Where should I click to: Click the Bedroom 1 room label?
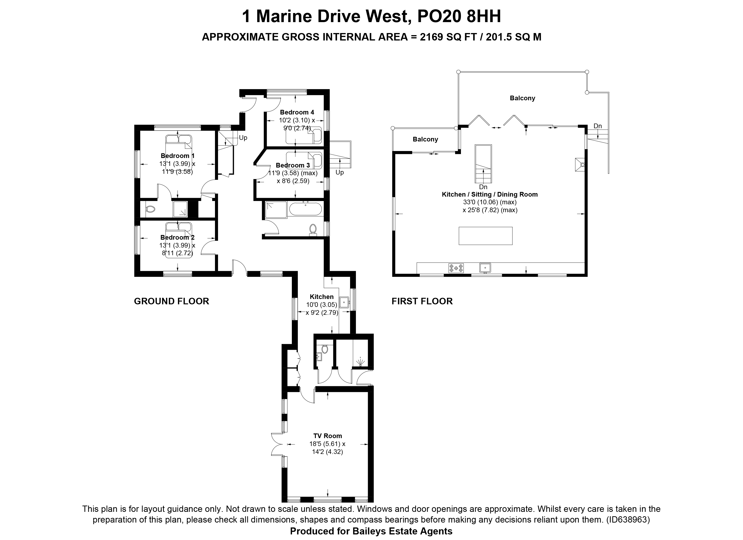[177, 156]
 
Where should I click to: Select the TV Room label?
[328, 436]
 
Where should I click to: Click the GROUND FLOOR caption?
[171, 301]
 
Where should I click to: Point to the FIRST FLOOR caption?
[422, 301]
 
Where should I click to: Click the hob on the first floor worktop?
[456, 268]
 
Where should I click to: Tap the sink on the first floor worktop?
[485, 268]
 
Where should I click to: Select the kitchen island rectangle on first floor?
[485, 236]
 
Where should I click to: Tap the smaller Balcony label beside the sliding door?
[425, 139]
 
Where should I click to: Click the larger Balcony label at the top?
[522, 98]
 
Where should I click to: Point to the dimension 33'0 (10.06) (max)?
[490, 202]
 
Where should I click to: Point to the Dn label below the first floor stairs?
[483, 187]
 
